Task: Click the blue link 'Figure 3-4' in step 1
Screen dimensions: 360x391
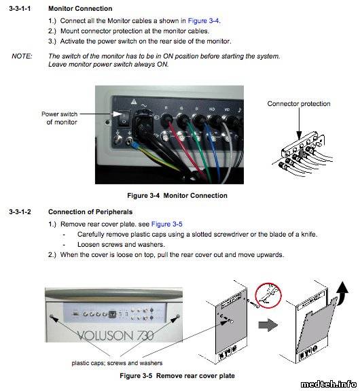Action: click(204, 20)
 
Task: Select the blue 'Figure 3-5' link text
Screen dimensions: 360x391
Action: click(166, 224)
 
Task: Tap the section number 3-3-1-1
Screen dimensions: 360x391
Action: click(20, 8)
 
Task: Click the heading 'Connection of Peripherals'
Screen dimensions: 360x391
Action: click(90, 211)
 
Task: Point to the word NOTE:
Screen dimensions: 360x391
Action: click(22, 56)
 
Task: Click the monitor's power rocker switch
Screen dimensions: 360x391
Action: click(124, 118)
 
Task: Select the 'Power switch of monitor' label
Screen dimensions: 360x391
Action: click(60, 118)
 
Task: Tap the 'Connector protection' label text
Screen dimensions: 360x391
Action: click(299, 103)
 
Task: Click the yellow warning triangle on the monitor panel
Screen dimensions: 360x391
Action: click(134, 101)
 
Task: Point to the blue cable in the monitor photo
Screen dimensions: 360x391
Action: click(213, 150)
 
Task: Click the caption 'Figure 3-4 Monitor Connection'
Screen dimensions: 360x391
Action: click(177, 196)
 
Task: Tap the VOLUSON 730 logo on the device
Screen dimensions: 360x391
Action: click(115, 335)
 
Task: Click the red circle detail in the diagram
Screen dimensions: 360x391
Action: click(268, 295)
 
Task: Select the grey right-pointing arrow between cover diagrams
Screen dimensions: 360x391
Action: click(268, 325)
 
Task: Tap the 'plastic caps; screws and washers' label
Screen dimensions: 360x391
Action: click(117, 363)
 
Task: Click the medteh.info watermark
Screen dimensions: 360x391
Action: click(329, 384)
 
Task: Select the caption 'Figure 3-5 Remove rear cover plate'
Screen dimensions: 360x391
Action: click(177, 375)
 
